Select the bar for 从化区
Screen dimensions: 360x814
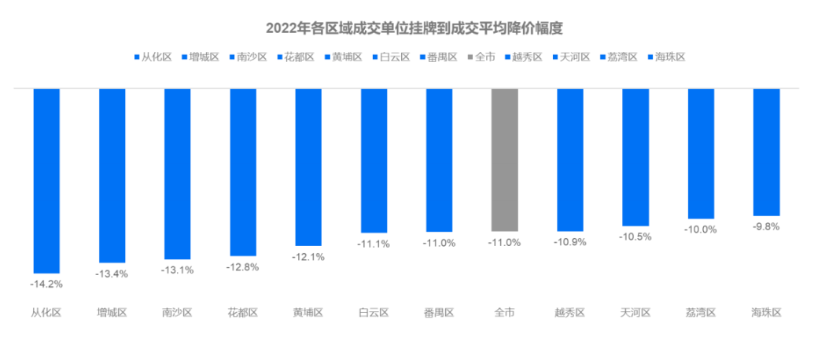tap(46, 180)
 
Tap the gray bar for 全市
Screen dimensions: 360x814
tap(504, 160)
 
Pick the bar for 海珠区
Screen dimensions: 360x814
tap(766, 152)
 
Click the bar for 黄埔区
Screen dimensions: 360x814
tap(308, 167)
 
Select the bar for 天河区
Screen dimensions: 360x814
tap(635, 157)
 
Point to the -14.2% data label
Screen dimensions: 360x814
tap(46, 284)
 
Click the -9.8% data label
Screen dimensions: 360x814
tap(766, 226)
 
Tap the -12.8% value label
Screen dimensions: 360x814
tap(243, 267)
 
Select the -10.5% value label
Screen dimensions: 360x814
tap(635, 237)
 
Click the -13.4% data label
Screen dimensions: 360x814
tap(112, 274)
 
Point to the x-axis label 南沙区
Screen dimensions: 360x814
tap(177, 313)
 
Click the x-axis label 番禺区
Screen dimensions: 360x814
tap(439, 313)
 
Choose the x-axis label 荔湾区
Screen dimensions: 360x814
tap(701, 313)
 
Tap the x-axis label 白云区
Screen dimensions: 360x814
tap(374, 313)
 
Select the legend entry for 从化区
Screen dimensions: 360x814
tap(153, 57)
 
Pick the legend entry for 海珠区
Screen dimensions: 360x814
tap(667, 57)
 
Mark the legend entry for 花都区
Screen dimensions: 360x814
tap(295, 57)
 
